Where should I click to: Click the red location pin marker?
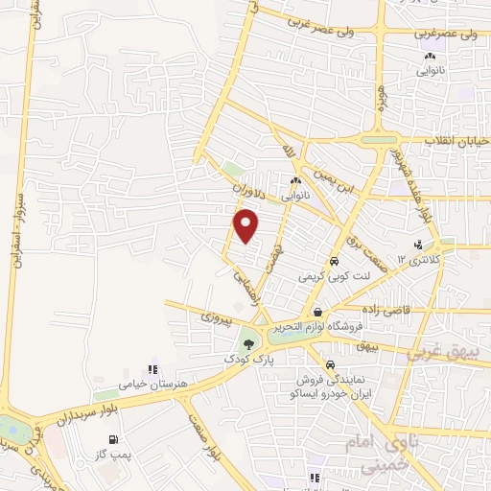click(247, 225)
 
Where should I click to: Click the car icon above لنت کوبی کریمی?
click(333, 261)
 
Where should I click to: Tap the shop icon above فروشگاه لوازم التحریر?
click(317, 313)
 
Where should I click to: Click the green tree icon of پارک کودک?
click(249, 343)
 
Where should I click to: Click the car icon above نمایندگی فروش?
click(330, 365)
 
